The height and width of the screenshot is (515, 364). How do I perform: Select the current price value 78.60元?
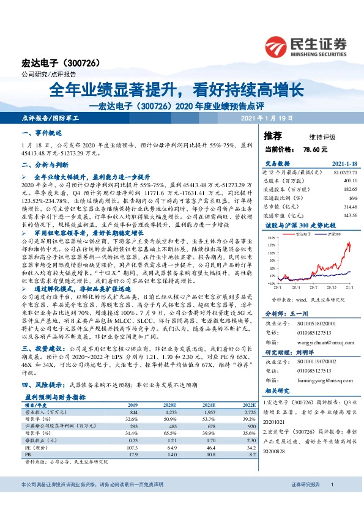pyautogui.click(x=316, y=149)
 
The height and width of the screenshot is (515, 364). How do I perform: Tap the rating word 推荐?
pyautogui.click(x=273, y=135)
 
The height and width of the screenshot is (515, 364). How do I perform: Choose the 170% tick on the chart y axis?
pyautogui.click(x=272, y=243)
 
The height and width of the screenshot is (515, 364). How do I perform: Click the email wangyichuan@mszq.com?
pyautogui.click(x=317, y=343)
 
